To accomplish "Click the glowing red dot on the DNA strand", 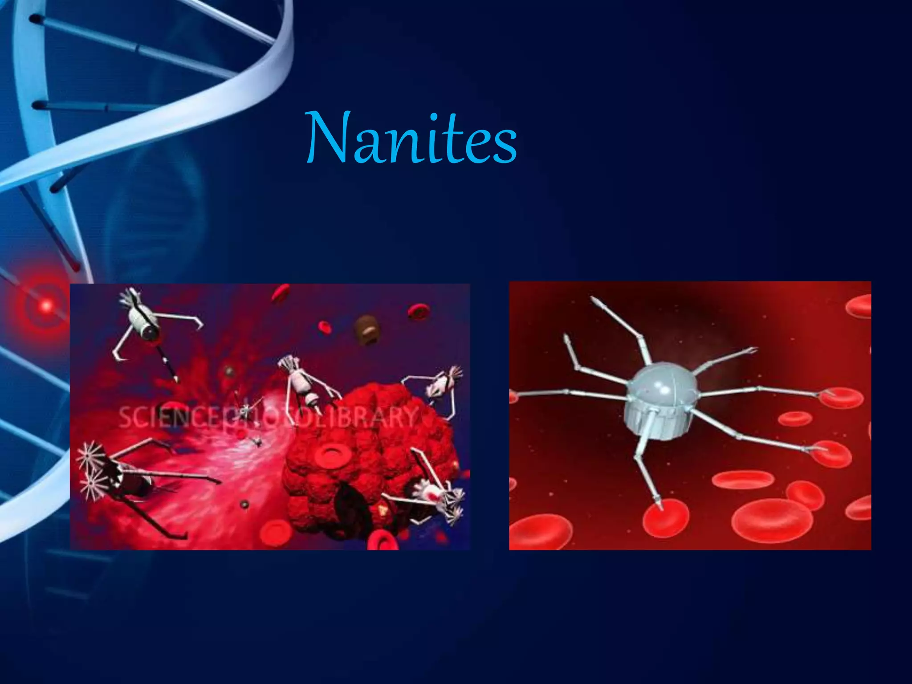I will (x=46, y=305).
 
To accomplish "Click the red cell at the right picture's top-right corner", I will (x=859, y=306).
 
